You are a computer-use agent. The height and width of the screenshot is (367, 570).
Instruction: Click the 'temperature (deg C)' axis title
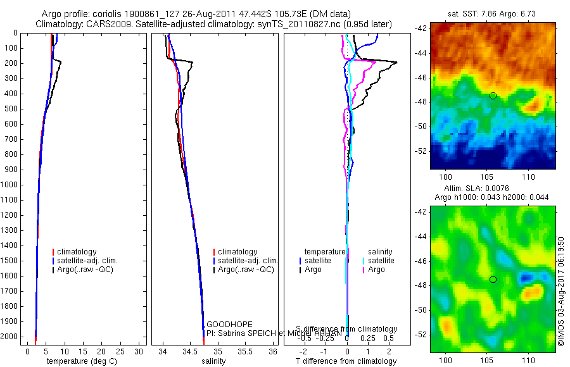[81, 361]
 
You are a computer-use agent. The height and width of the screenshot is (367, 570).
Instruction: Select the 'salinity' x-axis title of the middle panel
[214, 361]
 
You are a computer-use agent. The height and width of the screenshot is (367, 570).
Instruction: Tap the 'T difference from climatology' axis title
[346, 361]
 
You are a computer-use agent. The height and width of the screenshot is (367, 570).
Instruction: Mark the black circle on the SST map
[493, 96]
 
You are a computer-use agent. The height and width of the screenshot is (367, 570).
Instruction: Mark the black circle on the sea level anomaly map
[493, 279]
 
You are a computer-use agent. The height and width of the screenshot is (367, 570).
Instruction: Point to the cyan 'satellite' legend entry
[381, 261]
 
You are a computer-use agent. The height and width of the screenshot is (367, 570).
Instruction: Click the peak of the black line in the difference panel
[396, 62]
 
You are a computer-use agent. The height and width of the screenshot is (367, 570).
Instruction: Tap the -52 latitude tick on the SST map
[421, 151]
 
